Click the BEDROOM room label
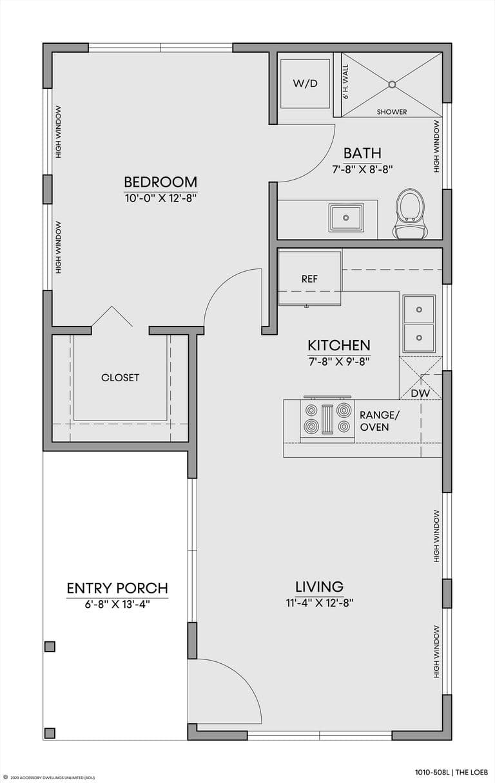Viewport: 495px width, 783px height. pos(160,182)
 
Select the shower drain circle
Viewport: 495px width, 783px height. pos(392,84)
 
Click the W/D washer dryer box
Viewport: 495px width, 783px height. pos(306,84)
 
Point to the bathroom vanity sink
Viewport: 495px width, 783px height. pos(346,218)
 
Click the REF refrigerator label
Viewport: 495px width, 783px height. pos(309,279)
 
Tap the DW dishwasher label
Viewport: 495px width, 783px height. pos(420,393)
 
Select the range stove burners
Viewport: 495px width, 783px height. pos(327,419)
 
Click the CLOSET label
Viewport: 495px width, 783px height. pos(120,377)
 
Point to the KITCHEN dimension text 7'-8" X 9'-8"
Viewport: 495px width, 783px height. pos(339,361)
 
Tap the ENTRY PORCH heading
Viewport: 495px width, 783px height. pos(117,589)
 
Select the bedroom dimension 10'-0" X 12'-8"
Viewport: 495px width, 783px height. pos(160,198)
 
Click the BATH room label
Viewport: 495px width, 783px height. pos(362,153)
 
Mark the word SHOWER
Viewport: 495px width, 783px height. pos(392,112)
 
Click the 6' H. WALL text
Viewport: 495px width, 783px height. pos(346,82)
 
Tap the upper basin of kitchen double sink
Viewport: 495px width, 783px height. pos(419,309)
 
